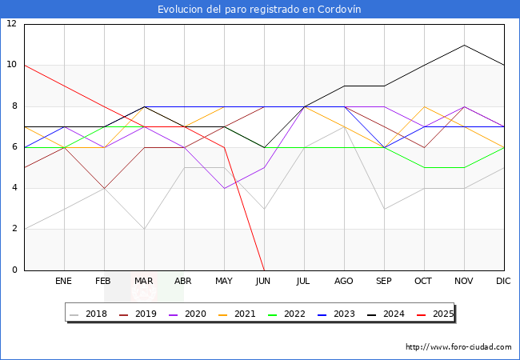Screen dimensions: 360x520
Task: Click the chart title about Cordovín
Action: [x=259, y=10]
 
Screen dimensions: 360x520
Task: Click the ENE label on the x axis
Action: [x=64, y=282]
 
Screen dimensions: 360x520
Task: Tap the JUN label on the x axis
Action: [x=264, y=282]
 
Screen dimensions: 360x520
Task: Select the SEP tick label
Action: [x=384, y=282]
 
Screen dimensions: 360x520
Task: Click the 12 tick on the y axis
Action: [x=11, y=24]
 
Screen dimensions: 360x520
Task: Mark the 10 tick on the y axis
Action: [x=11, y=65]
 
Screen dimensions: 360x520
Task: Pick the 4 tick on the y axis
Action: [x=14, y=188]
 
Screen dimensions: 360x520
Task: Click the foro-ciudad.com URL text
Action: [x=458, y=347]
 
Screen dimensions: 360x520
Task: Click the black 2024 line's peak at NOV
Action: [x=464, y=45]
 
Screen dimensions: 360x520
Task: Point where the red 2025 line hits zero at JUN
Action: [x=264, y=270]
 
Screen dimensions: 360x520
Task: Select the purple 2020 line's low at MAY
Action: [x=224, y=188]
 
